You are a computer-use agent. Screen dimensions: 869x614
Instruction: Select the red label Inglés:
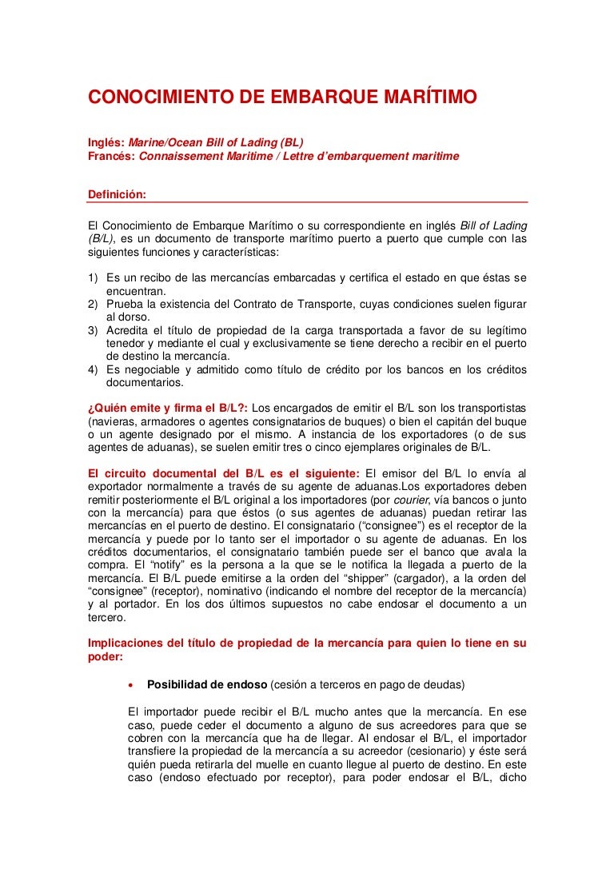tap(106, 142)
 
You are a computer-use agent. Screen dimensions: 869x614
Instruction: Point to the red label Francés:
tap(112, 156)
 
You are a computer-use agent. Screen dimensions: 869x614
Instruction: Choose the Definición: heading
tap(117, 193)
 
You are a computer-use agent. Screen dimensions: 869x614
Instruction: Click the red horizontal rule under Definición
tap(308, 203)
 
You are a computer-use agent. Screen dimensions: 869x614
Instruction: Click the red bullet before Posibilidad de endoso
tap(131, 685)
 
